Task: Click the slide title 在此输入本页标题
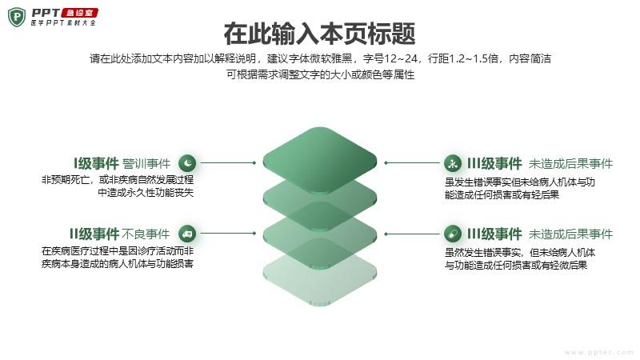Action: (319, 34)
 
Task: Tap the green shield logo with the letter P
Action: (17, 17)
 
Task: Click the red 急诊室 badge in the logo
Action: (79, 13)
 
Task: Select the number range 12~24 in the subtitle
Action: (402, 58)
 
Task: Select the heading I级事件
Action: (96, 163)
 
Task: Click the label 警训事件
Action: (146, 164)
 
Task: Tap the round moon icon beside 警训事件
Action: (187, 163)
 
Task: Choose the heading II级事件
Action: (94, 234)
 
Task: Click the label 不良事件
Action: (146, 234)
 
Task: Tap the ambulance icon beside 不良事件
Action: (187, 234)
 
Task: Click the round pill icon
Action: (452, 234)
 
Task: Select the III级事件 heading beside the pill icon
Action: (494, 234)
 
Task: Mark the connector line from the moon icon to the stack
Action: (228, 163)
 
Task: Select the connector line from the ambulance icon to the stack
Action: (228, 234)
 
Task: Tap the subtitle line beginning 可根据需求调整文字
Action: (321, 74)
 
